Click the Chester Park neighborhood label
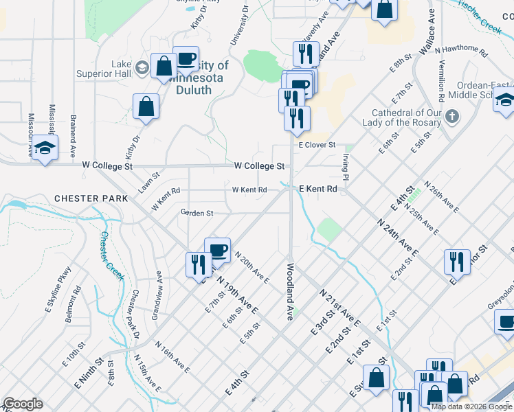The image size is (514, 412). coord(91,198)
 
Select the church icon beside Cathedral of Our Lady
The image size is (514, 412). coord(451,115)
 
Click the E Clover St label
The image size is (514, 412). coord(316,146)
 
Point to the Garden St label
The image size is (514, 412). coord(197,214)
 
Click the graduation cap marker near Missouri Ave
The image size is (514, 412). coord(45,148)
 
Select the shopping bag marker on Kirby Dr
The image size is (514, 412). coord(146,107)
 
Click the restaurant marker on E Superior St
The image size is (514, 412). coord(456,262)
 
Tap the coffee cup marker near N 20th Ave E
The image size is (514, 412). coord(217,251)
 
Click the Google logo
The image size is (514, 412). coord(23,404)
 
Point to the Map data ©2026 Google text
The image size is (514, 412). coord(471,407)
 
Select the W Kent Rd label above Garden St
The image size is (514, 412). coord(249,190)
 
